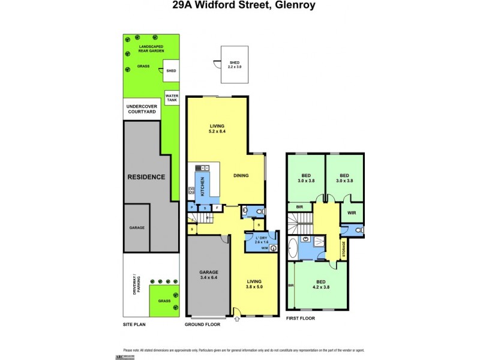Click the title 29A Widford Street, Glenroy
239,5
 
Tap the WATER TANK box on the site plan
172,97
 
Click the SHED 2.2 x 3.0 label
233,64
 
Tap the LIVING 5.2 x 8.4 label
217,128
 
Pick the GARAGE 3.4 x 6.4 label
209,275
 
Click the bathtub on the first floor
293,247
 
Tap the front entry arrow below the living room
237,319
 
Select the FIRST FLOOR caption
300,318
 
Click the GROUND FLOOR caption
202,324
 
